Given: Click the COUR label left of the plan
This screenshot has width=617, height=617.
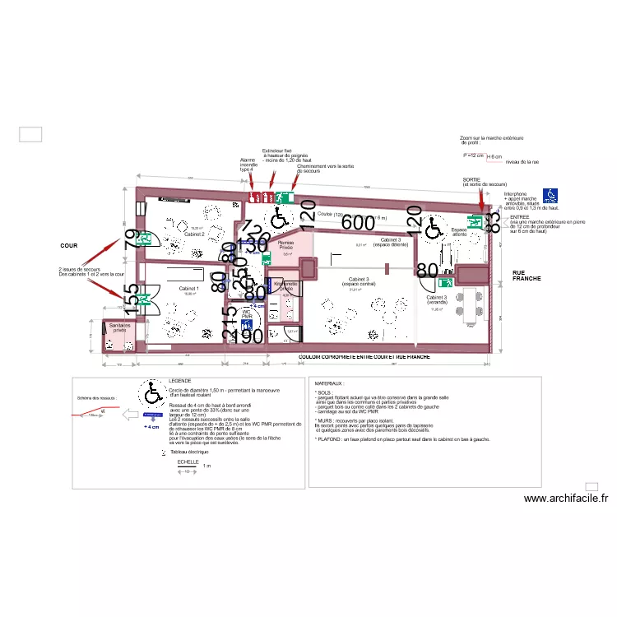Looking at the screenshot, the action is click(x=68, y=246).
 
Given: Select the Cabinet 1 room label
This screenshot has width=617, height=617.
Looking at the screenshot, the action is click(x=189, y=289).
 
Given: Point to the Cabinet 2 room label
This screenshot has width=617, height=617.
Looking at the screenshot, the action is click(x=194, y=234).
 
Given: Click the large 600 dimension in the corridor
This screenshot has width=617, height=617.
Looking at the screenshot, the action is click(x=358, y=222).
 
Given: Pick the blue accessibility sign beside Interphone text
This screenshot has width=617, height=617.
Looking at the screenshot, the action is click(x=550, y=195).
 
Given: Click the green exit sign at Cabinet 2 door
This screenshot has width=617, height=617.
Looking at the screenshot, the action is click(x=148, y=239).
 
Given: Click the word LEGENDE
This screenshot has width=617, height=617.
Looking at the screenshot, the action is click(x=179, y=381).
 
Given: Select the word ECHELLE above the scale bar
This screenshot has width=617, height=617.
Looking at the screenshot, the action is click(x=188, y=462).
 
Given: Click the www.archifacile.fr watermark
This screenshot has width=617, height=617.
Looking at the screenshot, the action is click(x=565, y=498).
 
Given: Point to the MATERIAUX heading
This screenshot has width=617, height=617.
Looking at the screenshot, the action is click(x=332, y=383).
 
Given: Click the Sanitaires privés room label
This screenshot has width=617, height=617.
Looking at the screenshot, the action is click(x=120, y=327).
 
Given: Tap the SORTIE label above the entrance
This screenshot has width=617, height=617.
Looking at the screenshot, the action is click(x=471, y=179).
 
